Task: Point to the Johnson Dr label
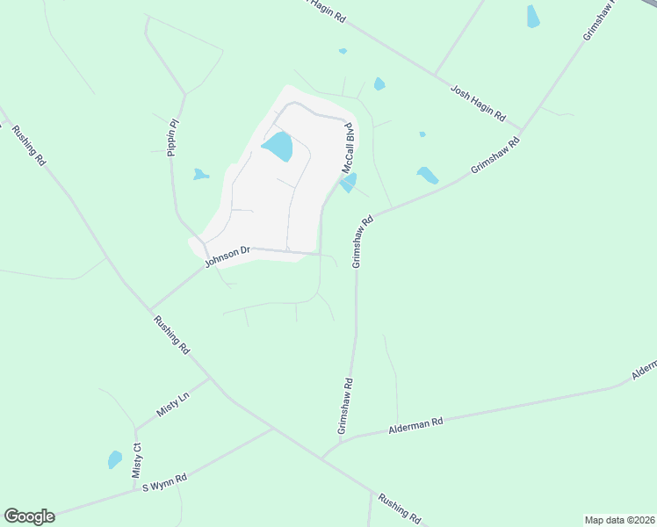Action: tap(227, 256)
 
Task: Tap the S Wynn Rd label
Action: tap(165, 483)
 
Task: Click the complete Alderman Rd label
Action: tap(415, 425)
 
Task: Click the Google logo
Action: tap(29, 516)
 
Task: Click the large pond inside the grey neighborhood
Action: tap(278, 146)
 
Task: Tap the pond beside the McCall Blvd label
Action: tap(349, 183)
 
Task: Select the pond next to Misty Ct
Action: tap(114, 459)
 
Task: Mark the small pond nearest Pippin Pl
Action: tap(201, 174)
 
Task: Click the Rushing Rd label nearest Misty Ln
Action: tap(171, 335)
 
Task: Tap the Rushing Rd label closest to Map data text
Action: tap(401, 507)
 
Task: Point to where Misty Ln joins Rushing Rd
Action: tap(211, 379)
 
